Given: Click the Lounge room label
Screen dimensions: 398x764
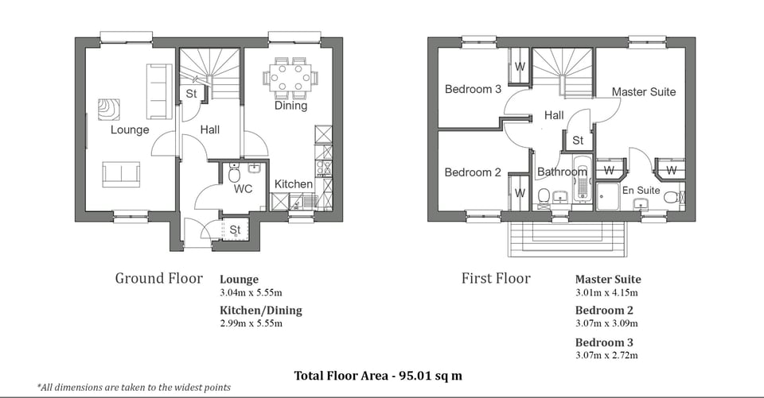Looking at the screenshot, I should click(130, 129).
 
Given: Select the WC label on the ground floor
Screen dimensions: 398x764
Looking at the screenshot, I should click(243, 190).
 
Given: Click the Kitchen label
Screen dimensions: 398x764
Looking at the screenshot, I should click(294, 184).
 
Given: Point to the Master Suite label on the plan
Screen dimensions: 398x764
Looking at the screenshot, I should click(643, 92).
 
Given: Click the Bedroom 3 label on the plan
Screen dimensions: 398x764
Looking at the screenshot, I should click(473, 89).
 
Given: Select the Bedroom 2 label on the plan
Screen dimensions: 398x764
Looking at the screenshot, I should click(473, 172).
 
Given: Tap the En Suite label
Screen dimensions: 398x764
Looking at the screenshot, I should click(641, 190).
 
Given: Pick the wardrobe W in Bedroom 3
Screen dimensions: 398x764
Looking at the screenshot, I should click(520, 67).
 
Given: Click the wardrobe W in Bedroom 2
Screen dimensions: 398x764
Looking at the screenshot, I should click(520, 192).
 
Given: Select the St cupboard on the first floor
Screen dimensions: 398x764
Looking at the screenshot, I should click(578, 141).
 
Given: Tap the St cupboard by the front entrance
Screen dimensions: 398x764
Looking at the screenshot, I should click(236, 230).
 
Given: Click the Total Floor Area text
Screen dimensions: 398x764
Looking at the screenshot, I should click(378, 375).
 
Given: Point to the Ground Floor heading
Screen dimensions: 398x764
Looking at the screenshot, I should click(158, 278).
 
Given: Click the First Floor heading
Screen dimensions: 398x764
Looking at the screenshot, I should click(496, 278).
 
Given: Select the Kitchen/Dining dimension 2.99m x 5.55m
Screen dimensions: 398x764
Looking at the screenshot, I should click(251, 323).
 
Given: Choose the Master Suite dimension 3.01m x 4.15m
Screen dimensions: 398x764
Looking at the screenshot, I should click(606, 292).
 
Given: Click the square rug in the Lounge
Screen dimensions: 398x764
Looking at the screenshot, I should click(109, 109).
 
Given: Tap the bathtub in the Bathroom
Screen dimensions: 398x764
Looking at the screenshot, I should click(580, 179).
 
